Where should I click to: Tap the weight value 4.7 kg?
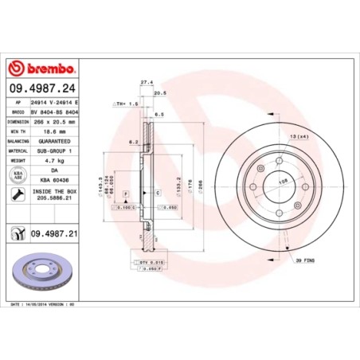click(56, 158)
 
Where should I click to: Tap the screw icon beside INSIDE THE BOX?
click(17, 194)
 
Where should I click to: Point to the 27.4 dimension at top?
click(146, 80)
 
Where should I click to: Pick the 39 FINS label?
click(304, 260)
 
